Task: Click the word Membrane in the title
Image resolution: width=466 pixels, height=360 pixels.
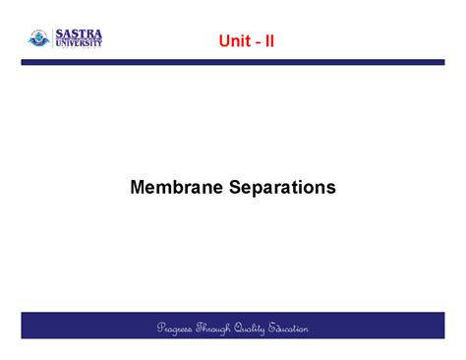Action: click(x=174, y=186)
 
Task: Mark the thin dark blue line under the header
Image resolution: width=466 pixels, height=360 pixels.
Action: click(x=233, y=62)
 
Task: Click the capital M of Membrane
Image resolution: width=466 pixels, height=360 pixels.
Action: click(x=137, y=186)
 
